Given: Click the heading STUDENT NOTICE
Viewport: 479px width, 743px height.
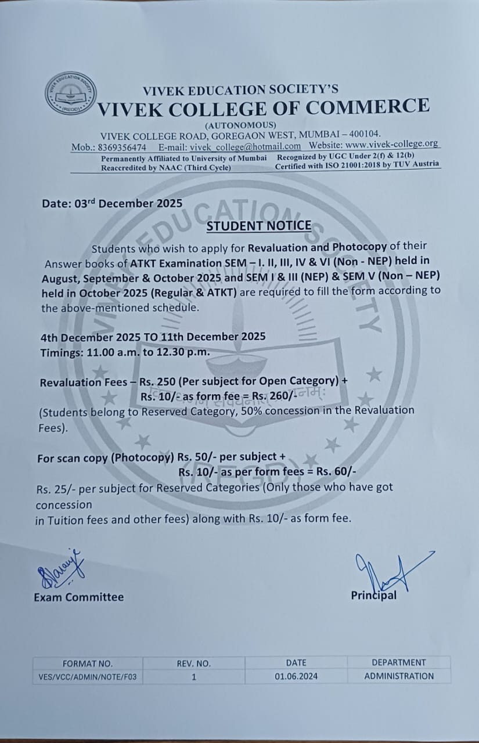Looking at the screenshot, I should click(259, 226).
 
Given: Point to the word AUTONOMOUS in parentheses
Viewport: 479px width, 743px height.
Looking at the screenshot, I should click(240, 125).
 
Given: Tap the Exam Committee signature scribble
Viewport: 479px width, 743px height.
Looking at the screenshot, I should click(62, 568).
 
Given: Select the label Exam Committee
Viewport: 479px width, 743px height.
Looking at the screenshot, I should click(78, 597).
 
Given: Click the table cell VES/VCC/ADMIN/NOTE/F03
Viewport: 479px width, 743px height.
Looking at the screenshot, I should click(88, 676).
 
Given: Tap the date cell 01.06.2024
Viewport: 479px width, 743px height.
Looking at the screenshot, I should click(296, 676).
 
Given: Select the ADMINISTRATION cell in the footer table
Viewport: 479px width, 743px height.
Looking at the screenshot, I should click(399, 676).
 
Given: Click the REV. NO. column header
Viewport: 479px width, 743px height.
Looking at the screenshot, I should click(194, 663).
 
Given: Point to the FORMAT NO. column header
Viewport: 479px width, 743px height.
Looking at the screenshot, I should click(88, 663).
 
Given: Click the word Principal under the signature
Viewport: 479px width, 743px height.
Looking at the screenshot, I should click(374, 596).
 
